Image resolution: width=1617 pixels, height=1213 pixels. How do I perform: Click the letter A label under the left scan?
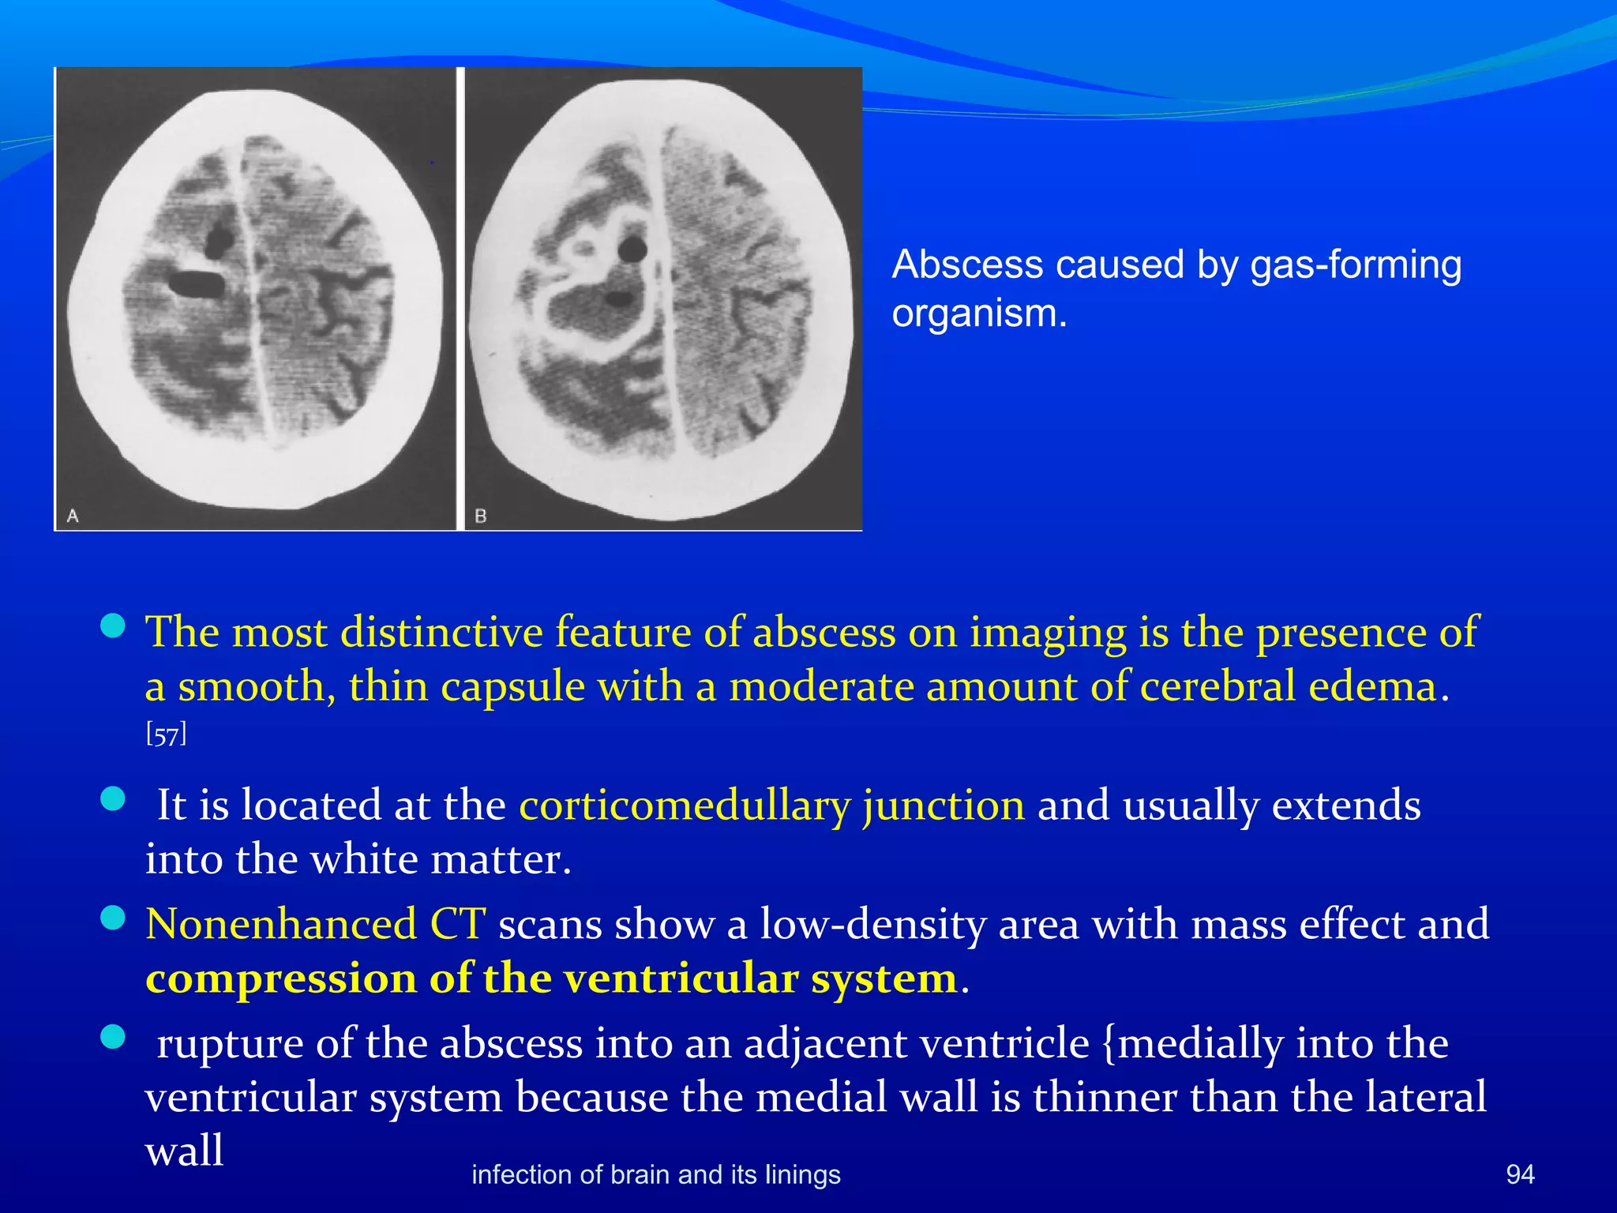click(73, 516)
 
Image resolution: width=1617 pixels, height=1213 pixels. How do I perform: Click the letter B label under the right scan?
click(480, 516)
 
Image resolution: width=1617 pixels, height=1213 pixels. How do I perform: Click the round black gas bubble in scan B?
click(632, 250)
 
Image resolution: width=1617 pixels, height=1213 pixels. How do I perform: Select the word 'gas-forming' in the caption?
click(1355, 265)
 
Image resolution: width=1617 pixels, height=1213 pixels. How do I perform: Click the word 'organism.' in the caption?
click(979, 314)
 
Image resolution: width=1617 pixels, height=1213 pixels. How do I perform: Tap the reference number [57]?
click(166, 735)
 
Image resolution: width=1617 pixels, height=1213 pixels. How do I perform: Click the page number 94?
click(1520, 1174)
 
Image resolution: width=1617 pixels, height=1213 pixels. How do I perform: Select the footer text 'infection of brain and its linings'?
click(655, 1174)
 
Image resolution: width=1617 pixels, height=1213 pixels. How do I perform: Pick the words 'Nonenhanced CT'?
click(315, 924)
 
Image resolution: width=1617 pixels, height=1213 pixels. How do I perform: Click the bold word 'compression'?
click(280, 979)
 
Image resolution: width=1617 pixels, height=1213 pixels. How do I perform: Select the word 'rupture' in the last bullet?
click(230, 1044)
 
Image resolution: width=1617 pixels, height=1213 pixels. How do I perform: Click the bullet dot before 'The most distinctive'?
click(114, 626)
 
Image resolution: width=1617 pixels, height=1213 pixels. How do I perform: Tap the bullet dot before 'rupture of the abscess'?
click(114, 1037)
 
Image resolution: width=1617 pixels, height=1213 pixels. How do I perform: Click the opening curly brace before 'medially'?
click(1108, 1044)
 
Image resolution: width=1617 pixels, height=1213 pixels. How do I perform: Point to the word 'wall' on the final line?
click(184, 1151)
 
